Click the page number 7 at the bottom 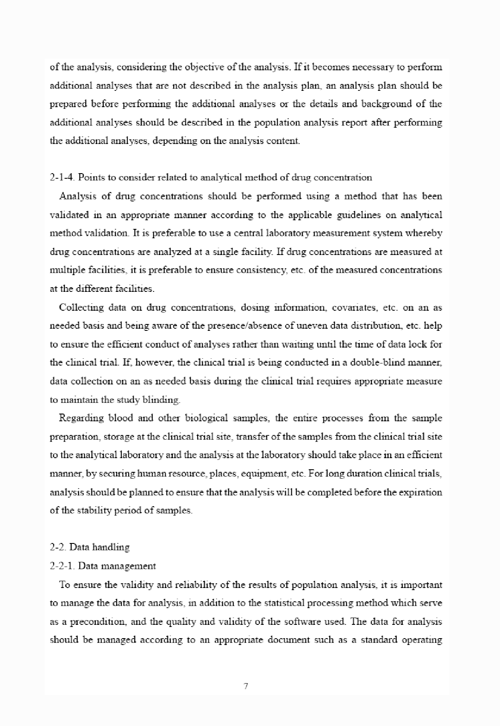coord(246,686)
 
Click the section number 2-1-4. coord(63,177)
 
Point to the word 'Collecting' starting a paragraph coord(81,307)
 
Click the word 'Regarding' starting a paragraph coord(81,418)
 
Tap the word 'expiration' coord(420,492)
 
